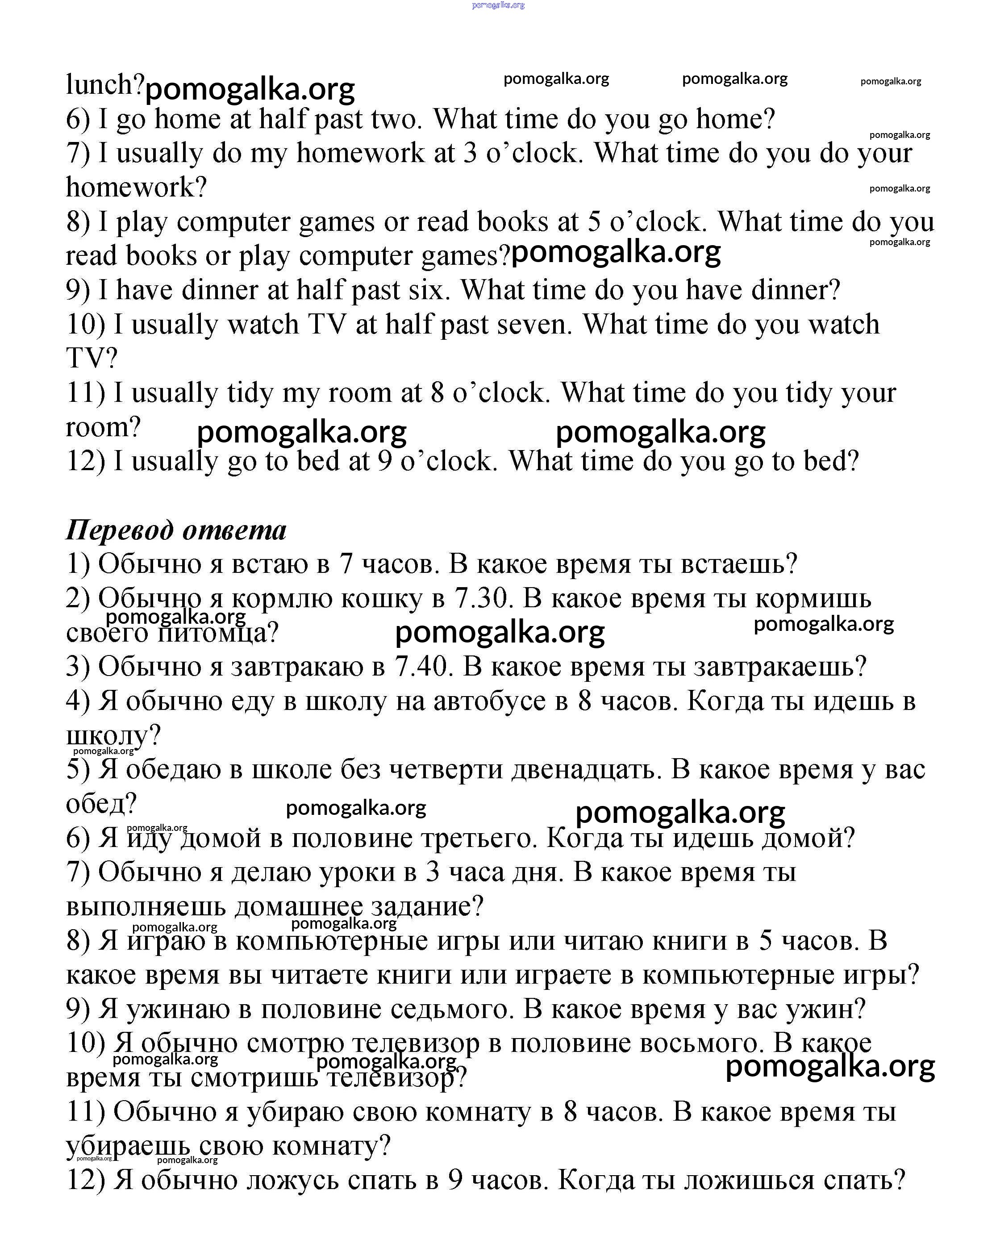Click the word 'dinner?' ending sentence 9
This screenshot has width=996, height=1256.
tap(796, 290)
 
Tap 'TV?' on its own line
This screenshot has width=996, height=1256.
tap(92, 358)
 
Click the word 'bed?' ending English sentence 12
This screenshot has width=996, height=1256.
tap(831, 461)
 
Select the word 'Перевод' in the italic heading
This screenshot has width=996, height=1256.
tap(119, 530)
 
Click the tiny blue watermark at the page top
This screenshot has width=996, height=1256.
tap(498, 5)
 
